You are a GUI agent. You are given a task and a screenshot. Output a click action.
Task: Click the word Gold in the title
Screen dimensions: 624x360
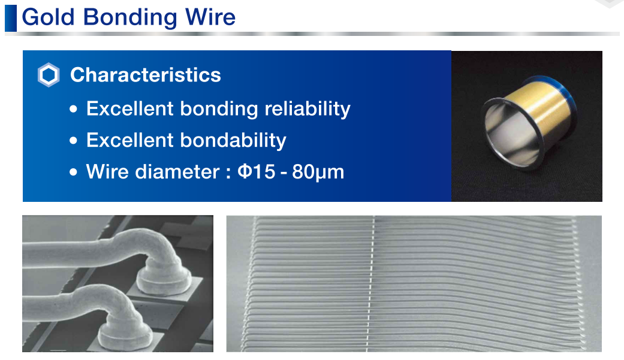48,17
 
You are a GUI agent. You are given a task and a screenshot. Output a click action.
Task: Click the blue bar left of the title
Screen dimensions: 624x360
11,19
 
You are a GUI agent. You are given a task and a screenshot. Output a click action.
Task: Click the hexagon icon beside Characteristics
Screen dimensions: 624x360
49,75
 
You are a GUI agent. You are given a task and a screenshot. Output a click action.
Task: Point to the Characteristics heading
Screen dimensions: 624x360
145,75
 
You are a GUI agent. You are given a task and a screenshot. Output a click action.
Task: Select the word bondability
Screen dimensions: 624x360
233,140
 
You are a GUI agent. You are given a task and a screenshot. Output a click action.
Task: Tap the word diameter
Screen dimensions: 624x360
177,172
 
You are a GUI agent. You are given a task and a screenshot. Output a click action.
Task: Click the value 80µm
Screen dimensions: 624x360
318,173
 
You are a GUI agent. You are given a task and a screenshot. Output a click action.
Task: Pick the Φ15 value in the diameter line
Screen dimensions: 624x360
257,172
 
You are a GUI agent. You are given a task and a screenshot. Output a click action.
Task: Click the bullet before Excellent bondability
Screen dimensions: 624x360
73,140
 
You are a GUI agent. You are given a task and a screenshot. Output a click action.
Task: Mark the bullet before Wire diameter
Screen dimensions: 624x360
73,173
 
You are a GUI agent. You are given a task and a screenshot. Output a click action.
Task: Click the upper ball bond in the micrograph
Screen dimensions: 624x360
164,280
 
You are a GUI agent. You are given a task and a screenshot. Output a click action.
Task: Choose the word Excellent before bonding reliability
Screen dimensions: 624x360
130,109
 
